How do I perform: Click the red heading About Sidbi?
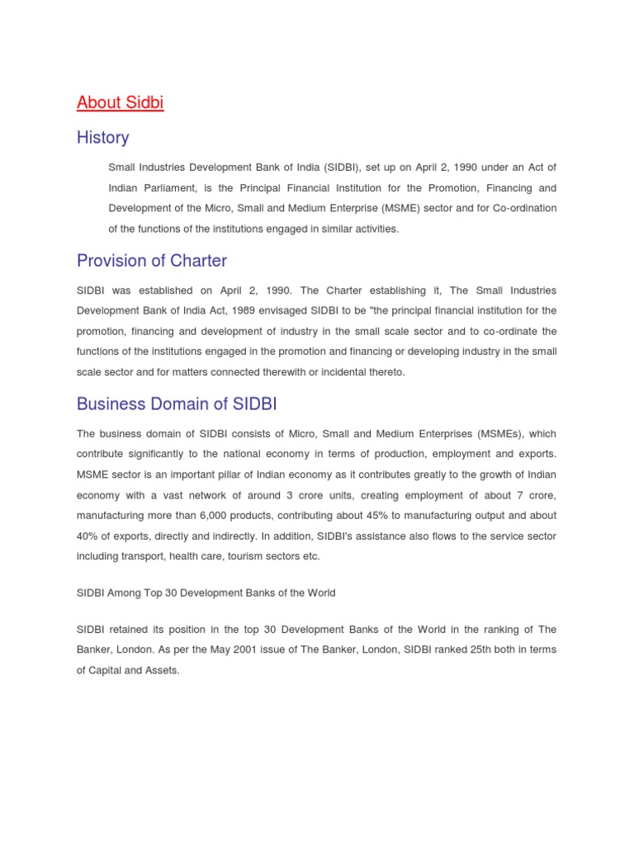pyautogui.click(x=120, y=103)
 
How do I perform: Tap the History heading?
pyautogui.click(x=102, y=138)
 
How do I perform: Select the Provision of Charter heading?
pyautogui.click(x=151, y=261)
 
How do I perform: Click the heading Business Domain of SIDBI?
pyautogui.click(x=178, y=404)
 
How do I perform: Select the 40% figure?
pyautogui.click(x=88, y=536)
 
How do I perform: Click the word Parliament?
pyautogui.click(x=174, y=188)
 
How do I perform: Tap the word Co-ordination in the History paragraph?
pyautogui.click(x=526, y=208)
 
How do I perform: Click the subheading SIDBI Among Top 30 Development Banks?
pyautogui.click(x=206, y=593)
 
